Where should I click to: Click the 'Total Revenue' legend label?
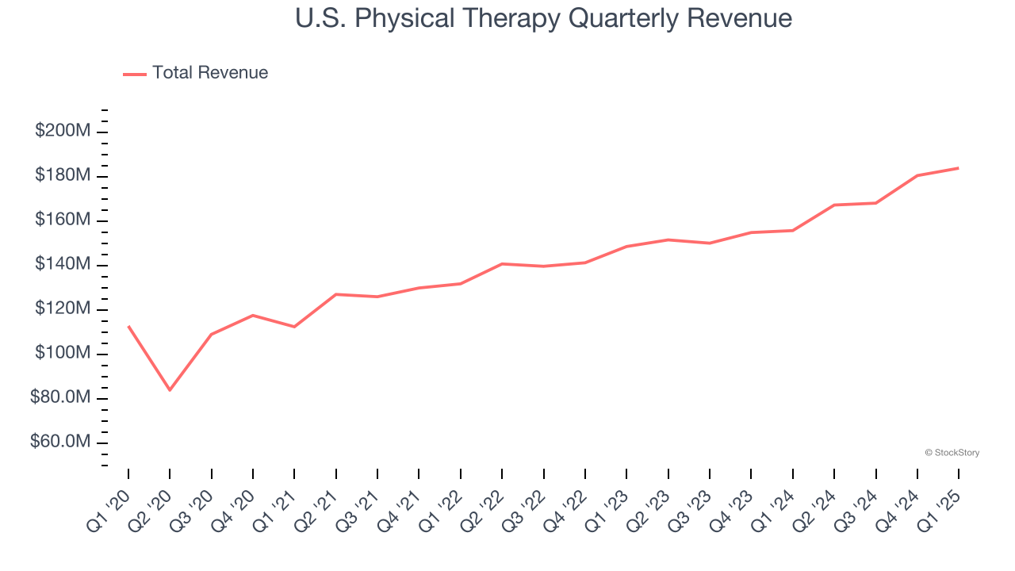click(x=210, y=73)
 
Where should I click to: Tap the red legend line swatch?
click(x=135, y=74)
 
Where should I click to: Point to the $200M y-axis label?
click(x=63, y=131)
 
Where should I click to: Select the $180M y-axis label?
click(x=63, y=175)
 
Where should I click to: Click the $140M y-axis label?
click(x=63, y=264)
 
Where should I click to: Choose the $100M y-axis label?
click(x=63, y=353)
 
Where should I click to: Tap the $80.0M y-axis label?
click(x=60, y=397)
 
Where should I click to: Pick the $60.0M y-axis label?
click(x=60, y=442)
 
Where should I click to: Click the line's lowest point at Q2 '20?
click(x=170, y=389)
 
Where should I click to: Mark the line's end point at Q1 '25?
click(x=959, y=168)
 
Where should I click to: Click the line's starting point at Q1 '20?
click(x=128, y=326)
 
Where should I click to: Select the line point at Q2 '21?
click(x=336, y=294)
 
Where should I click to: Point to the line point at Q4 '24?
click(x=917, y=175)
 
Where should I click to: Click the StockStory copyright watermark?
click(x=952, y=453)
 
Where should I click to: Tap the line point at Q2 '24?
click(x=834, y=205)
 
